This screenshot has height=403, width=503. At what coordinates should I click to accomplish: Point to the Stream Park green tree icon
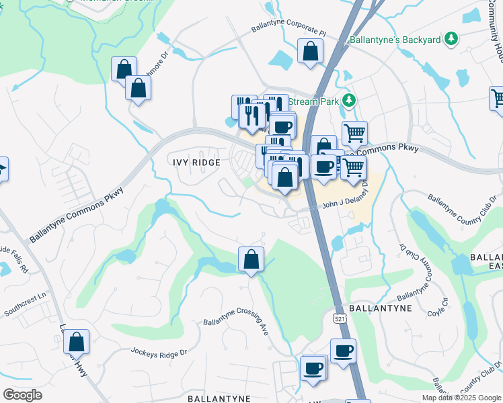(348, 101)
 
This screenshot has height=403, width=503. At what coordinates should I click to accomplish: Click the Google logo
(22, 395)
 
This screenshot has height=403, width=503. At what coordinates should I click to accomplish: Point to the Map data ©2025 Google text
(461, 398)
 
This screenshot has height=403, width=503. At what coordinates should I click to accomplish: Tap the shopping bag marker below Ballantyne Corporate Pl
(310, 51)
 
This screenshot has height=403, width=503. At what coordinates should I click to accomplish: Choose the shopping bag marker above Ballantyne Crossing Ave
(251, 259)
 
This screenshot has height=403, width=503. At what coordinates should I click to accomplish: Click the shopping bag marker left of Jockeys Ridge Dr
(76, 342)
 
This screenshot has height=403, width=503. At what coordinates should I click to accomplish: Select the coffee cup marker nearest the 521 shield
(343, 351)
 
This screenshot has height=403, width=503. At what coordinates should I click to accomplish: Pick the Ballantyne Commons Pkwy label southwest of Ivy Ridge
(76, 214)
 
